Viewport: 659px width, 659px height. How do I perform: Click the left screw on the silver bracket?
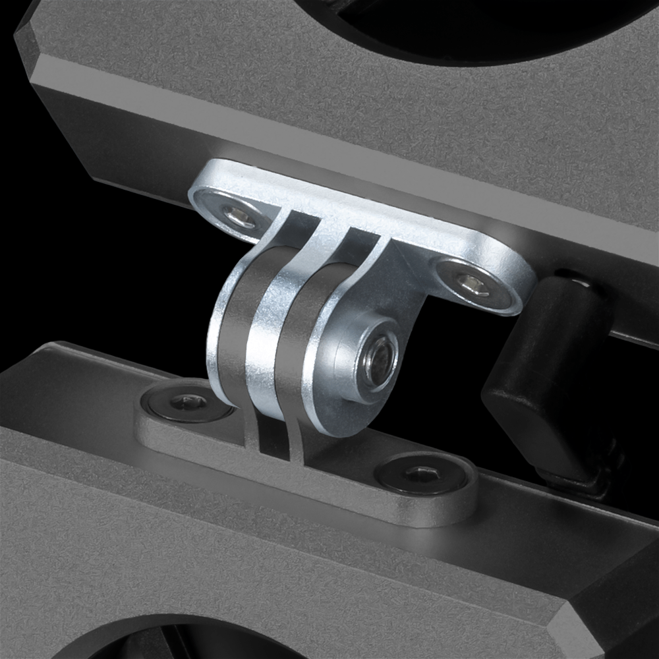[238, 215]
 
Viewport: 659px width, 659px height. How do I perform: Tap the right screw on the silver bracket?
[473, 284]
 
